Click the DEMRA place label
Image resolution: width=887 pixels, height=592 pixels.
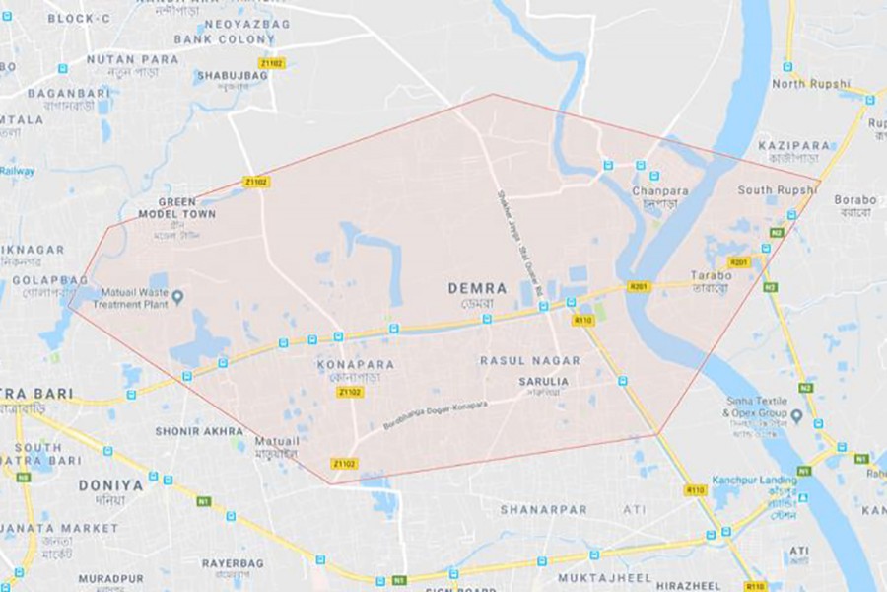tap(477, 288)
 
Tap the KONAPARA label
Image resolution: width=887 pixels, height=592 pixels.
tap(356, 364)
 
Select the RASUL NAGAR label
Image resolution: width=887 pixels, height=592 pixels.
tap(530, 361)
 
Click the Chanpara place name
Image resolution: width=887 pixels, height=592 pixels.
tap(660, 189)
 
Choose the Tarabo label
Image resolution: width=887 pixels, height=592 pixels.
tap(710, 275)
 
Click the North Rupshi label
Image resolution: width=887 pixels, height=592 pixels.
tap(810, 84)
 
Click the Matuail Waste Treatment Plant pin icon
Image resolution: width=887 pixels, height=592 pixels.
tap(178, 296)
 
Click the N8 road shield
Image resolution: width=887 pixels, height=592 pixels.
tap(22, 477)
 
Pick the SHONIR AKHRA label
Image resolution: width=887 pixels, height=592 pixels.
tap(198, 431)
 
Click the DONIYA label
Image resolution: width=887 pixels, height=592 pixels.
tap(110, 485)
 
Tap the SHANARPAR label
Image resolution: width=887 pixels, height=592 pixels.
tap(543, 510)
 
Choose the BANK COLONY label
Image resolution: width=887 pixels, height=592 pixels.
tap(225, 39)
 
